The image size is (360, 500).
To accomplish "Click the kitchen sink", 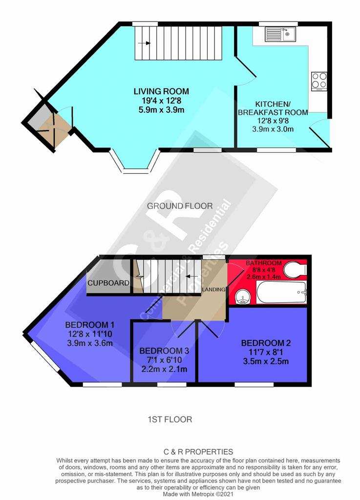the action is [280, 34].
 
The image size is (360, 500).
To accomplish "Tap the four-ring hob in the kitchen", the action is [319, 81].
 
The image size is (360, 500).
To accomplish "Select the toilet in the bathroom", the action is [296, 270].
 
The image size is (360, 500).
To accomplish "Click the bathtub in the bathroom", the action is [282, 292].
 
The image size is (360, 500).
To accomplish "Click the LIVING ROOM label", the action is [161, 91].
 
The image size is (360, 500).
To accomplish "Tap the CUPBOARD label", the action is [108, 283].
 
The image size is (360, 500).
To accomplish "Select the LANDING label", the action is [214, 290].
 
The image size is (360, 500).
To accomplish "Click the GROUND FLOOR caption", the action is [180, 206].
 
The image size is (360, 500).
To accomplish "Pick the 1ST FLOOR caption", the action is [170, 419].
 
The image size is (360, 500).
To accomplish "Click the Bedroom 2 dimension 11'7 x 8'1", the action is [266, 353].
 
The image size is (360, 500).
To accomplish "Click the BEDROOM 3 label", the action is [164, 351].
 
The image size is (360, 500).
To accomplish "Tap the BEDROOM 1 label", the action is [89, 325].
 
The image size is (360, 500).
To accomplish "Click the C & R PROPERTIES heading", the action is [198, 452].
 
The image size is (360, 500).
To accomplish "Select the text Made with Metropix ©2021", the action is [198, 494].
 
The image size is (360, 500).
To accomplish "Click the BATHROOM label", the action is [264, 263].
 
